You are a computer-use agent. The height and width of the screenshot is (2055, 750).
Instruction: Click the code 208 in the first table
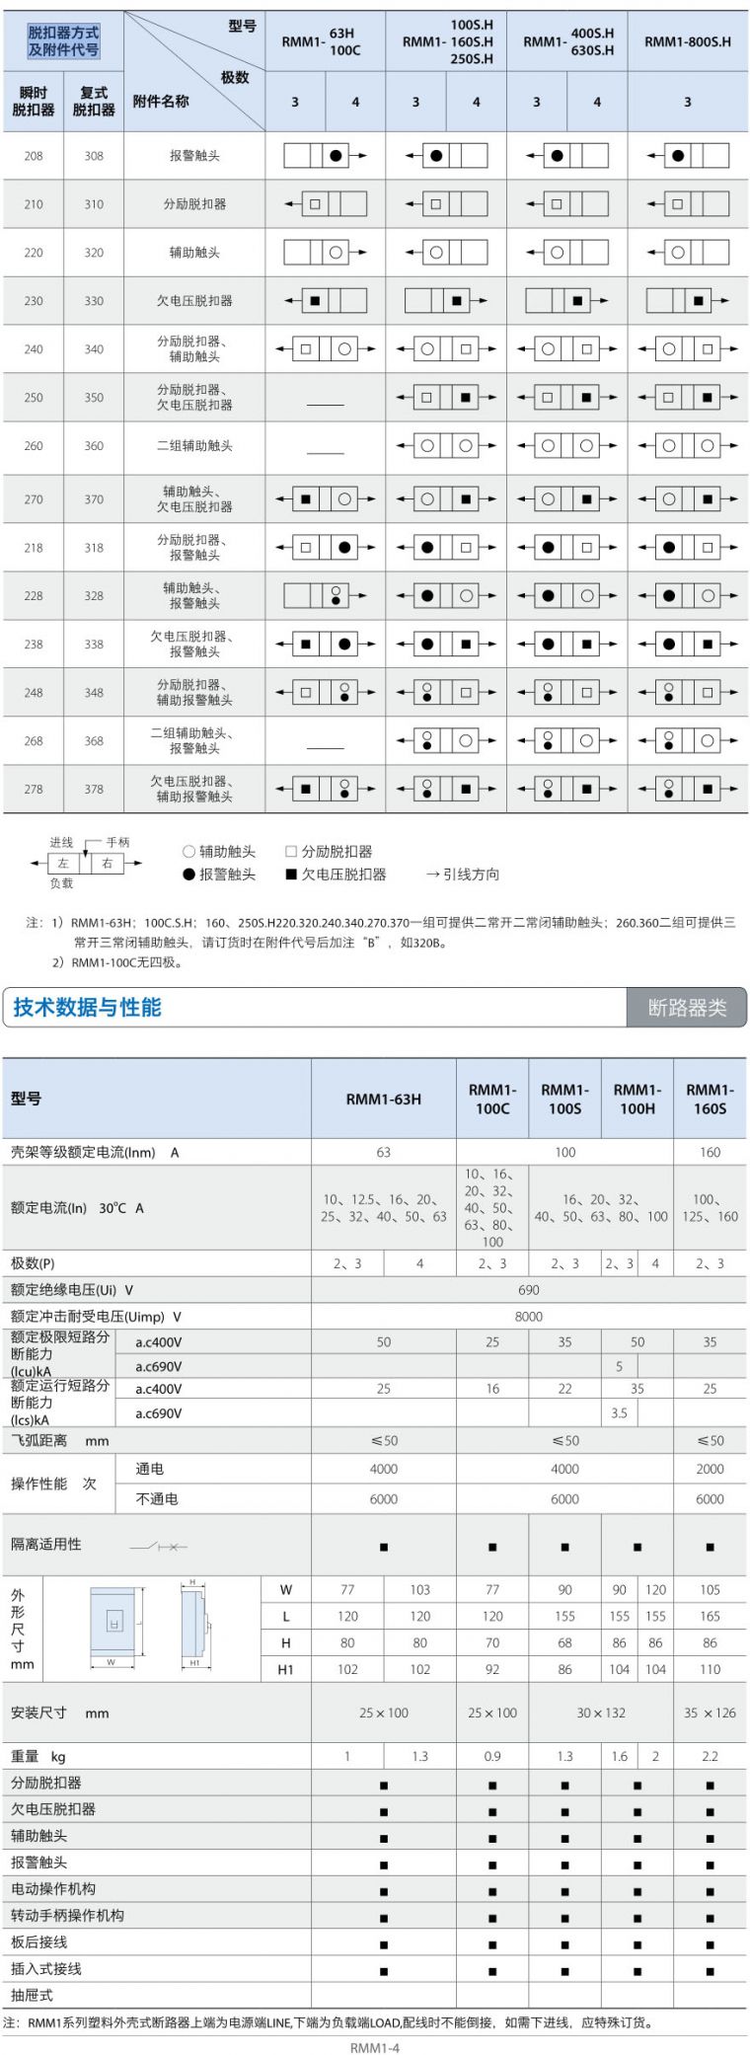click(x=34, y=156)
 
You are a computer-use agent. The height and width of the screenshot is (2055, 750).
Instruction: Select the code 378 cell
click(x=94, y=789)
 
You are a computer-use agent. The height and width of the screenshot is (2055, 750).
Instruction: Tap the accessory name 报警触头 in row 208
click(x=194, y=156)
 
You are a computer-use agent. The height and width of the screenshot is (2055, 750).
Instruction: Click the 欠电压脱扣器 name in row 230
click(x=194, y=301)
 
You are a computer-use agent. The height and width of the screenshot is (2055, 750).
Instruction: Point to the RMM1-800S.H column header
click(x=688, y=41)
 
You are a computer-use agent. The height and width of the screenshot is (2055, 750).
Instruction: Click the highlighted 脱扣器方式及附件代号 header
click(x=63, y=41)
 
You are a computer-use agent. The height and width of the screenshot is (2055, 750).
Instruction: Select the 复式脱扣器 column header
click(x=94, y=101)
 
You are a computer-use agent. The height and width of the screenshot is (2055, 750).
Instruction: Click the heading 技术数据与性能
click(x=87, y=1007)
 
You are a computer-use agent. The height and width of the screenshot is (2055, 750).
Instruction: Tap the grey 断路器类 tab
click(x=687, y=1008)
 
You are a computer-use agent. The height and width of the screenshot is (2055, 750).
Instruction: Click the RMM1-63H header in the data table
click(x=383, y=1099)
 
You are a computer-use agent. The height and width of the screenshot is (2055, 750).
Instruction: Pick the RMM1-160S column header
click(x=710, y=1099)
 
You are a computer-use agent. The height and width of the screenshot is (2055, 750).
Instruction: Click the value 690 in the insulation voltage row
click(x=528, y=1290)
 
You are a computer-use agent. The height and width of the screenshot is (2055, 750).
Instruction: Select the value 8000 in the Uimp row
click(x=528, y=1317)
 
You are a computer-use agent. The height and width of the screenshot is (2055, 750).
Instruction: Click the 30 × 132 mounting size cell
click(x=601, y=1712)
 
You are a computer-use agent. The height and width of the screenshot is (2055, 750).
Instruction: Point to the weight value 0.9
click(x=491, y=1756)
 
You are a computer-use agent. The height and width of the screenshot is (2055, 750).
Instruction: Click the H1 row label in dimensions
click(x=285, y=1669)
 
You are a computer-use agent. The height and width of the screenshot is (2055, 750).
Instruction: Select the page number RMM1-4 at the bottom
click(x=375, y=2047)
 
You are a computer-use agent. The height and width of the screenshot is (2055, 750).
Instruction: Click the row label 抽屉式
click(x=32, y=1995)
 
